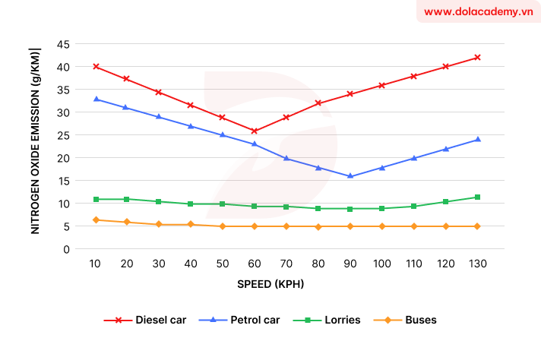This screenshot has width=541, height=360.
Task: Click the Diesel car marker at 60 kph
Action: click(x=255, y=131)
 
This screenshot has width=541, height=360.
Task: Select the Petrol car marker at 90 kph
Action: click(x=350, y=176)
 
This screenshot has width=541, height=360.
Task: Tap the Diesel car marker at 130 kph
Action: click(x=477, y=58)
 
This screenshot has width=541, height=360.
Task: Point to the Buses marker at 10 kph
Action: click(x=96, y=220)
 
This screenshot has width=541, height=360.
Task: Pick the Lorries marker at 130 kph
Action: click(x=477, y=197)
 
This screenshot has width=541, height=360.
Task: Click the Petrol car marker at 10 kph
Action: click(x=96, y=99)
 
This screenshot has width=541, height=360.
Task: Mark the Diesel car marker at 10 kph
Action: click(x=96, y=67)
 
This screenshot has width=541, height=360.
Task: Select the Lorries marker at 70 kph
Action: click(x=286, y=207)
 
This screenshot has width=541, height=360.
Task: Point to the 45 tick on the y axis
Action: click(x=63, y=44)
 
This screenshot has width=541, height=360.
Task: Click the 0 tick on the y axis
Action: click(x=67, y=249)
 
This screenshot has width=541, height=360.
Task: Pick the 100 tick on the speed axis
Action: click(x=381, y=264)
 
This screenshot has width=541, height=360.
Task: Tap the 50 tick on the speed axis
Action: click(x=223, y=264)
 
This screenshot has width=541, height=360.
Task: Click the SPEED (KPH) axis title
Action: click(x=286, y=283)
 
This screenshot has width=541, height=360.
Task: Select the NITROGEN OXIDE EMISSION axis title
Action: click(x=35, y=140)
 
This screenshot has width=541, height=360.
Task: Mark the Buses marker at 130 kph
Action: click(x=477, y=226)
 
